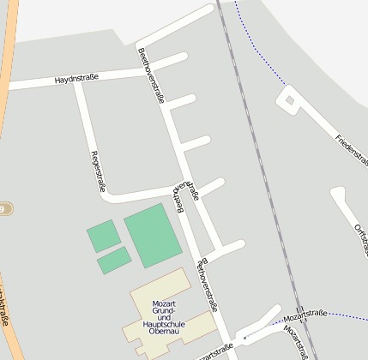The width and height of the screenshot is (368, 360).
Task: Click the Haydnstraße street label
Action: pos(76,78)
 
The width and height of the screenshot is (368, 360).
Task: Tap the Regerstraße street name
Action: pos(98,173)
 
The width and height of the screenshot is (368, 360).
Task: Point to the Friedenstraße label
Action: pos(352,151)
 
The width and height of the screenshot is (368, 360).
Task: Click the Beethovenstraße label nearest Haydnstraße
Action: pos(150,75)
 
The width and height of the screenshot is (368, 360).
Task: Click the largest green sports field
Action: pos(153,235)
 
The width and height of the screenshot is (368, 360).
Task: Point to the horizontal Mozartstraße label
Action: pos(310,315)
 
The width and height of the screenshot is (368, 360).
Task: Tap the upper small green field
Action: pos(103,235)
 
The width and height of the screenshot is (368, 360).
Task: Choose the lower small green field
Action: pos(113,259)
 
